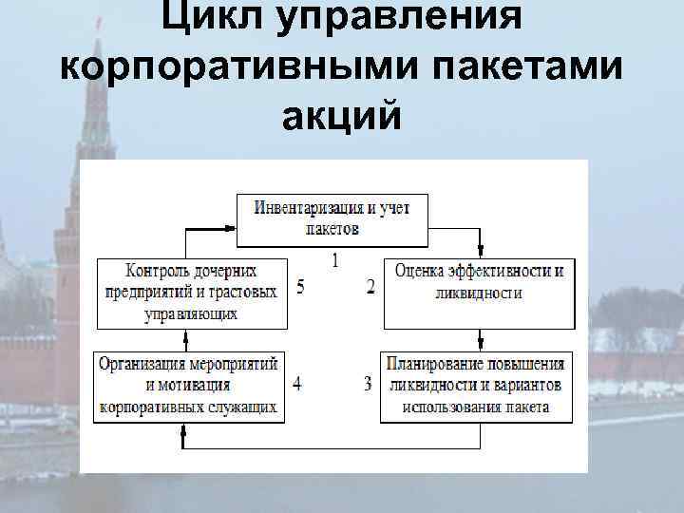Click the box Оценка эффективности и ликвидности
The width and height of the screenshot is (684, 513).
click(480, 282)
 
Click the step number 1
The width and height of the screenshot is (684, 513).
click(333, 258)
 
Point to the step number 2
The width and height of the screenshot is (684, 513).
click(370, 286)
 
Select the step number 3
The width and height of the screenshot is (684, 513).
click(368, 385)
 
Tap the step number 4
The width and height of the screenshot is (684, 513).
click(298, 385)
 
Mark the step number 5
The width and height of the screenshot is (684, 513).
click(300, 287)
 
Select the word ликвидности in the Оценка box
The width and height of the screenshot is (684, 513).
click(480, 294)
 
